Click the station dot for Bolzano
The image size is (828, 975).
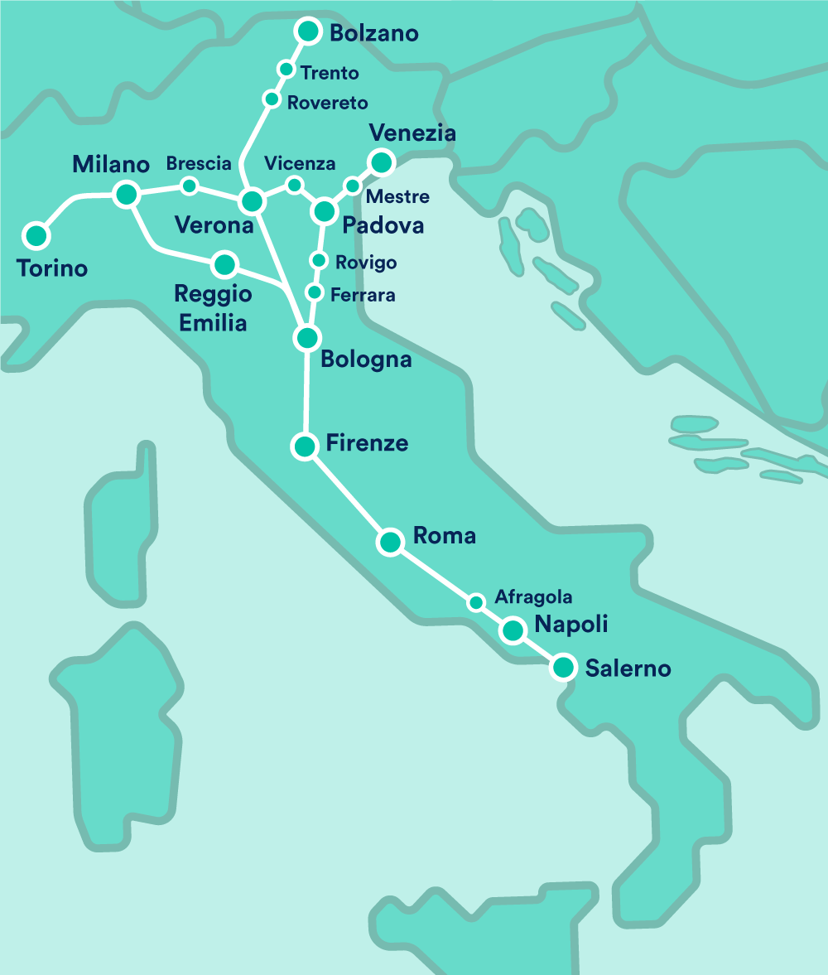pos(308,31)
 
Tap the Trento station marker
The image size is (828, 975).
pos(286,69)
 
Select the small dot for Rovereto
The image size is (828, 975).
pos(271,99)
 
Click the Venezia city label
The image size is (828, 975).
pos(412,133)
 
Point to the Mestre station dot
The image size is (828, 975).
pos(353,185)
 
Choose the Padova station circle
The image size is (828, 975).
pos(324,210)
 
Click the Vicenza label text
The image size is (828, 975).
pos(300,163)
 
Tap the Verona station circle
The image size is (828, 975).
pos(252,200)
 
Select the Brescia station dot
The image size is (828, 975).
pos(190,185)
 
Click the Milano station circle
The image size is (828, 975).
pos(126,195)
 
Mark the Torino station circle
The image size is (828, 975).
pos(36,235)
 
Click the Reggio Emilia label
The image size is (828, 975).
pos(214,307)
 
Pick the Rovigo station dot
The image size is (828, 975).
pos(318,261)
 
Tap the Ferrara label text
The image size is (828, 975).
pos(362,295)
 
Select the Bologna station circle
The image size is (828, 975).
pos(306,337)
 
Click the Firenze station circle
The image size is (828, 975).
pos(304,446)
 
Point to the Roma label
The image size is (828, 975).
pos(444,535)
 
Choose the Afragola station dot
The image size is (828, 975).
pos(476,602)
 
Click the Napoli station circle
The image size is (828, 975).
pos(513,631)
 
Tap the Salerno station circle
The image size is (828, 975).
pos(563,667)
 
